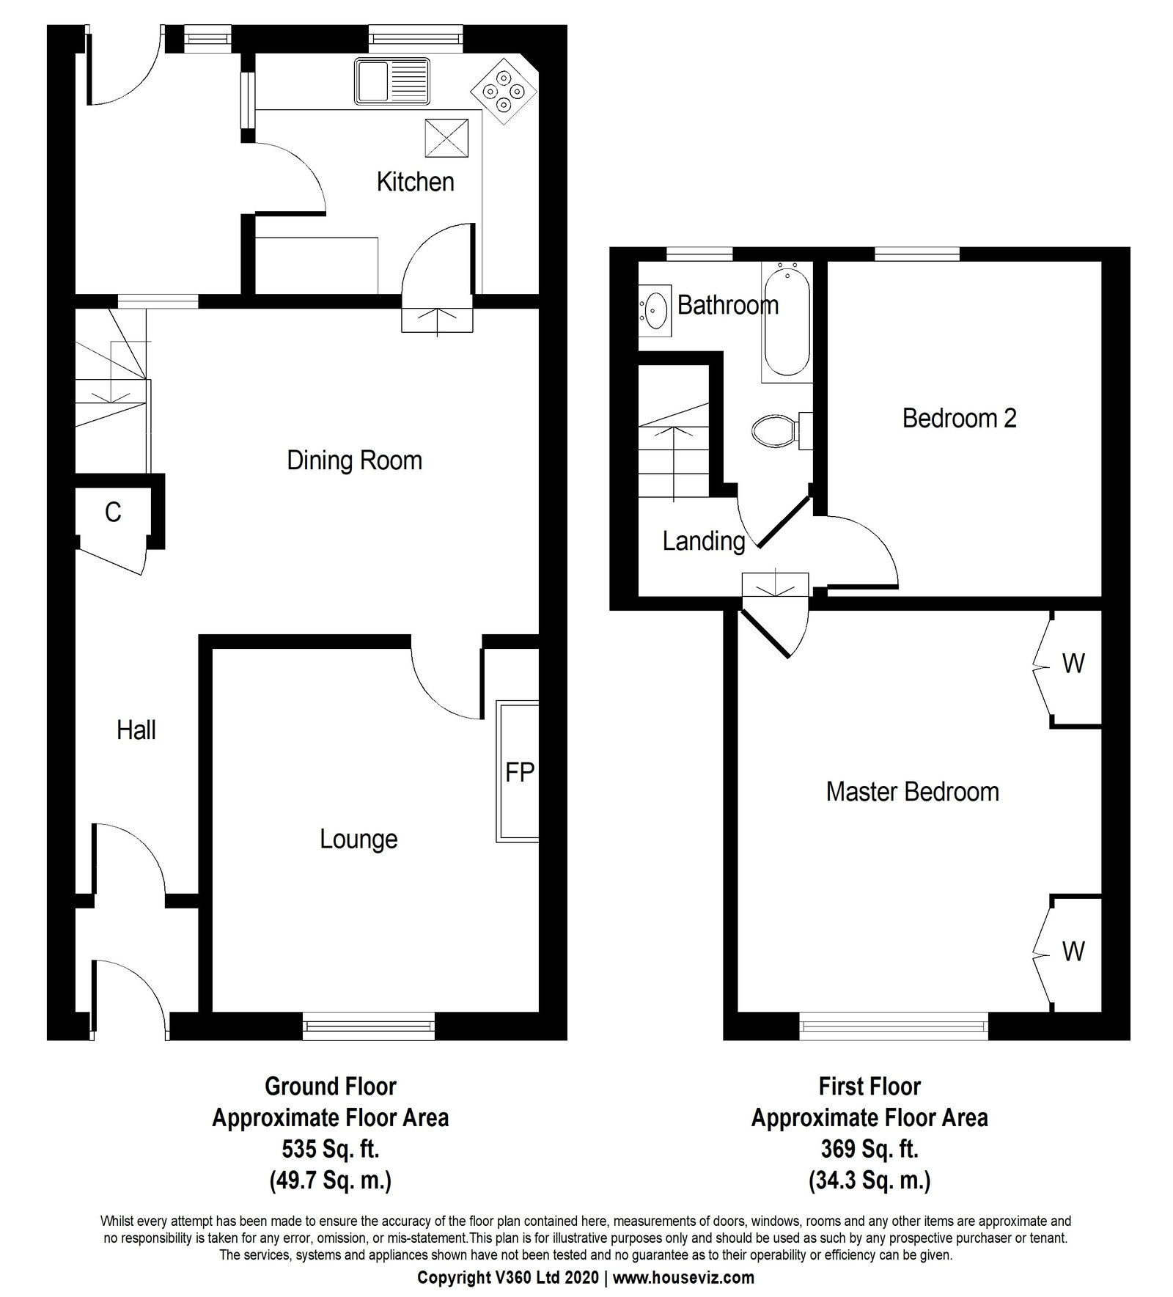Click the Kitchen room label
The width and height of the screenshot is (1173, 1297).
[415, 182]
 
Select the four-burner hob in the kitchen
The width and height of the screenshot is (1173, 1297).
[503, 91]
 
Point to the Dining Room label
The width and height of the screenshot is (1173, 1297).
[354, 460]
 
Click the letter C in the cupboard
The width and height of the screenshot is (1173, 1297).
[113, 512]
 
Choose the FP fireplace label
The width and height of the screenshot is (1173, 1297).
[520, 772]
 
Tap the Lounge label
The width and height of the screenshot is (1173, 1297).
[358, 839]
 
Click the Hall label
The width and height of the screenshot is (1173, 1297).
[136, 730]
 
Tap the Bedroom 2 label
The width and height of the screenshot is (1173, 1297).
[959, 419]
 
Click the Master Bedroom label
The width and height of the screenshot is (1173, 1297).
[912, 792]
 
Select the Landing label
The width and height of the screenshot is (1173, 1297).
[704, 541]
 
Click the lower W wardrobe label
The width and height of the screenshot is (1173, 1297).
[1073, 952]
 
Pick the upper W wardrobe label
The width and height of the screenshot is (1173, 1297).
[1073, 664]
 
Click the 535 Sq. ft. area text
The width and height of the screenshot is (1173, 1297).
[331, 1149]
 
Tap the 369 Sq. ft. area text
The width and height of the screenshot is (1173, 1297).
[870, 1149]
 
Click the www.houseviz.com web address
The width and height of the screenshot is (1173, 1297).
[683, 1278]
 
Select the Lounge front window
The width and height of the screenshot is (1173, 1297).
[369, 1027]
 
